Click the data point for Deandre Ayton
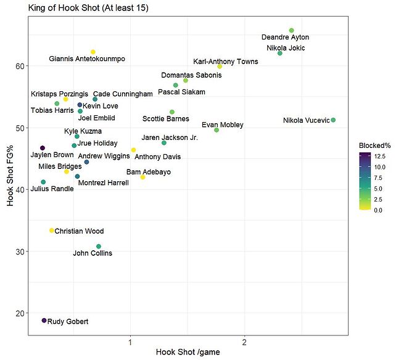pyautogui.click(x=291, y=30)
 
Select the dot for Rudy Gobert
pyautogui.click(x=44, y=321)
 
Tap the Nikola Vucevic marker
pyautogui.click(x=333, y=120)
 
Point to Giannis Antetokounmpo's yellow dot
pyautogui.click(x=93, y=52)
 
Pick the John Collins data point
pyautogui.click(x=99, y=247)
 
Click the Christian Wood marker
pyautogui.click(x=52, y=231)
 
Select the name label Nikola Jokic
pyautogui.click(x=286, y=48)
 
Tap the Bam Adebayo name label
pyautogui.click(x=149, y=172)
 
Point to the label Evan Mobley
pyautogui.click(x=223, y=125)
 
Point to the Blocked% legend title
pyautogui.click(x=374, y=145)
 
